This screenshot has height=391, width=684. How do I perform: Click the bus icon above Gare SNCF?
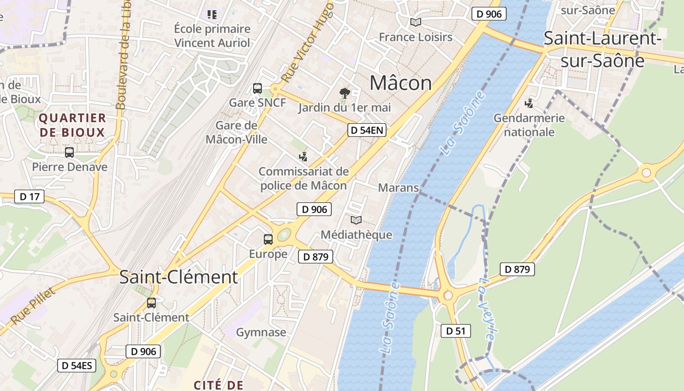257,88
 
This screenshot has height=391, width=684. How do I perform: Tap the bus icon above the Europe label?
268,239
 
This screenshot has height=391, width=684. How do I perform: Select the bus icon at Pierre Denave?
69,152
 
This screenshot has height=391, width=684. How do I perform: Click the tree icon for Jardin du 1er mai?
345,93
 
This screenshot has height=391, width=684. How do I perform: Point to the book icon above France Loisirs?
416,22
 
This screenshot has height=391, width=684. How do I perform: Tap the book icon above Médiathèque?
356,220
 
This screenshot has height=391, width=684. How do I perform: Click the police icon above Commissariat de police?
303,156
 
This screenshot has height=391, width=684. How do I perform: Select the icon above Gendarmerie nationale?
529,103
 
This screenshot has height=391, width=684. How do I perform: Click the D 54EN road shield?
367,130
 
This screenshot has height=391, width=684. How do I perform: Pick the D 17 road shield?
29,197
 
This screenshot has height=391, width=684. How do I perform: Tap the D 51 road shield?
456,331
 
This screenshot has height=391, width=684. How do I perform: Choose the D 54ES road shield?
77,366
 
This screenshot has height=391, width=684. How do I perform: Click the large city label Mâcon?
401,83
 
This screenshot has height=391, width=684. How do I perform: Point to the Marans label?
399,188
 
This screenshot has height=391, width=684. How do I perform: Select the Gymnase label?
261,332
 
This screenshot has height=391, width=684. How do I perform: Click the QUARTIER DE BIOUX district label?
72,125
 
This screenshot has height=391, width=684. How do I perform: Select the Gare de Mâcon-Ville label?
236,132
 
